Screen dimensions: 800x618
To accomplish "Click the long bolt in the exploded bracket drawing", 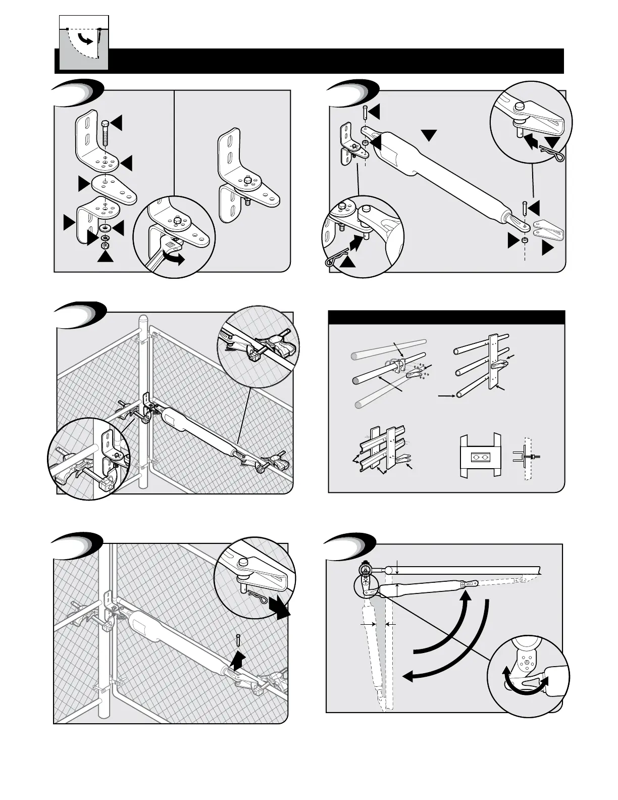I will pyautogui.click(x=106, y=132).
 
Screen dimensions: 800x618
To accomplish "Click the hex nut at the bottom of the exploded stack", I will pyautogui.click(x=106, y=245).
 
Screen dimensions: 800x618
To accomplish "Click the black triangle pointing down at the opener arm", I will pyautogui.click(x=429, y=135).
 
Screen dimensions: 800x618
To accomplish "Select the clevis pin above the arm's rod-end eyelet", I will pyautogui.click(x=525, y=208).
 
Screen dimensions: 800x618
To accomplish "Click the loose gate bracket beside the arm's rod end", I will pyautogui.click(x=549, y=230).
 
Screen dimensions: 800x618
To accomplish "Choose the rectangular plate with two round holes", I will pyautogui.click(x=480, y=458).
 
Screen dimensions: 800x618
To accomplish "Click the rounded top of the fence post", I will pyautogui.click(x=143, y=320).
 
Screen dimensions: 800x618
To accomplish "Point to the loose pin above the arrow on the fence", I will pyautogui.click(x=238, y=639).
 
